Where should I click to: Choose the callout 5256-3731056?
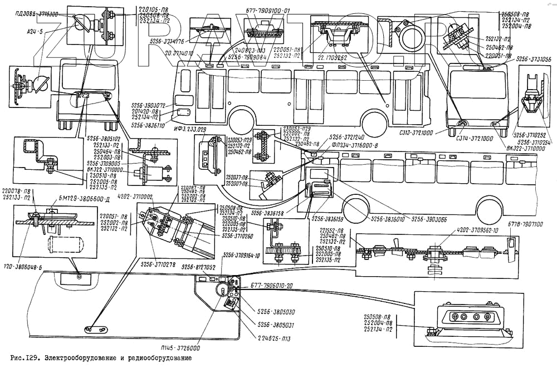click(533, 58)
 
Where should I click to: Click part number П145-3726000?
click(180, 348)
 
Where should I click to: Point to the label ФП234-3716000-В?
click(354, 144)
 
